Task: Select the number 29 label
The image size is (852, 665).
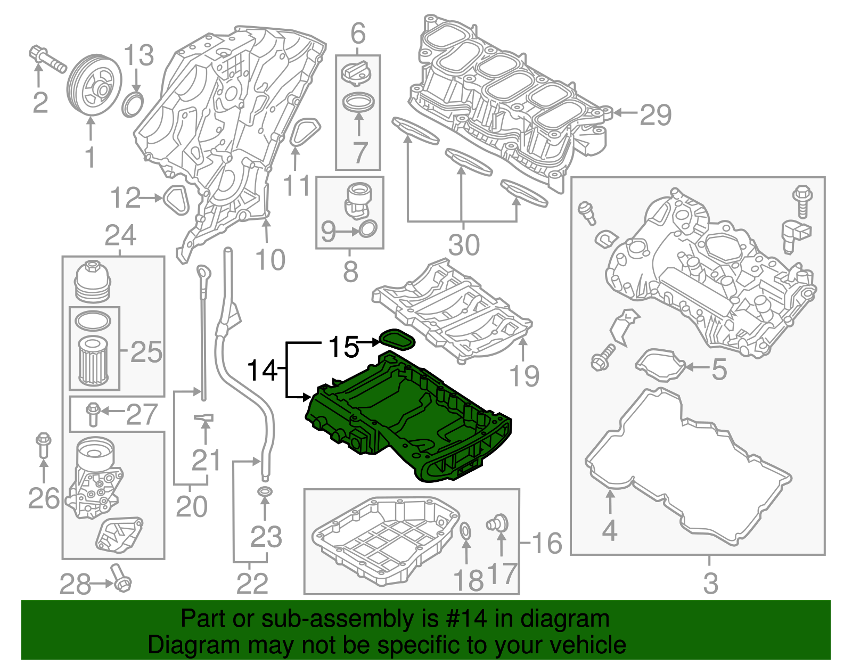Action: point(656,114)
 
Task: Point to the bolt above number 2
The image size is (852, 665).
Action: point(47,59)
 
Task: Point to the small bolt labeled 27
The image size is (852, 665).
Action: point(93,413)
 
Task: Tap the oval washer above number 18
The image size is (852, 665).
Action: point(465,530)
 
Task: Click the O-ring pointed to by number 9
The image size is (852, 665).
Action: point(368,230)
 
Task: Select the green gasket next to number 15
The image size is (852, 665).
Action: point(397,339)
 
